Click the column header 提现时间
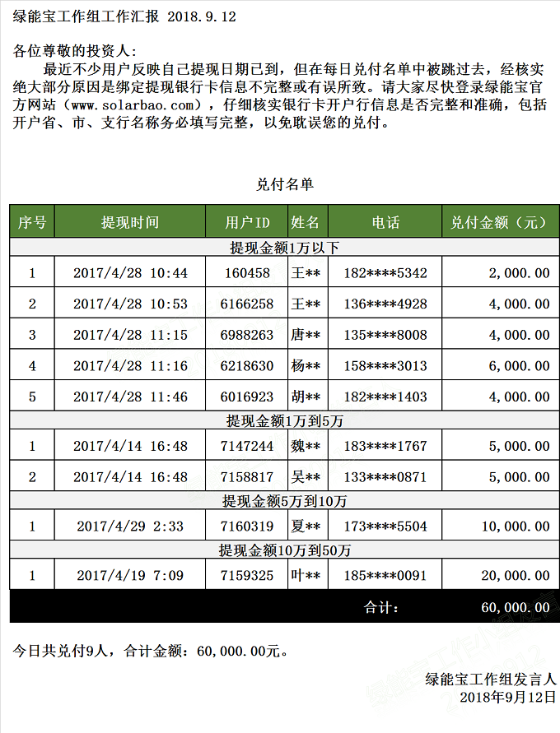(130, 222)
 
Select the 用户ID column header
(247, 222)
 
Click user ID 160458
(245, 273)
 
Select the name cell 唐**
(306, 335)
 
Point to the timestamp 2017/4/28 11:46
(130, 397)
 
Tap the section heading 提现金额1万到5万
(284, 421)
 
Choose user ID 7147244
(247, 447)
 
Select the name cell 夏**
(306, 527)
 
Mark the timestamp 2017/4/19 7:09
(130, 576)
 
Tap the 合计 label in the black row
(380, 608)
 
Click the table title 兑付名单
(284, 184)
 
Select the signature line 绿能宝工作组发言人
(491, 680)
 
